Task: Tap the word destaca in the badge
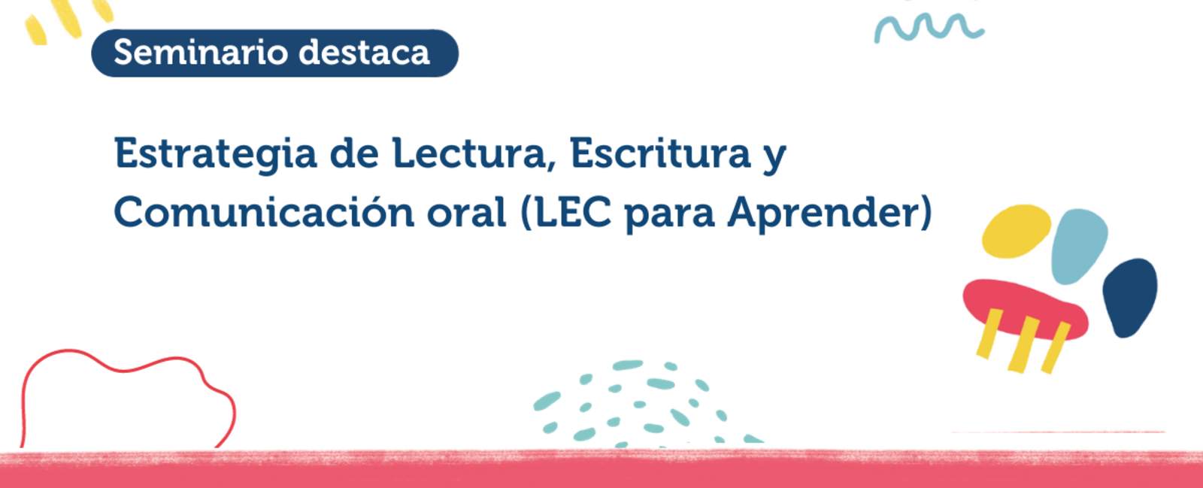364,53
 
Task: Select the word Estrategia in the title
215,155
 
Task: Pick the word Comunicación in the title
264,211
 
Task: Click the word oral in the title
467,211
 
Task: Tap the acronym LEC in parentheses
572,212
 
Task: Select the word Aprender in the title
823,213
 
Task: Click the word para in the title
670,216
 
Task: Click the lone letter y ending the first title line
774,158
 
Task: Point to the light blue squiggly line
929,27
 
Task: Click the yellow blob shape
1016,231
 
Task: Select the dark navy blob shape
1130,298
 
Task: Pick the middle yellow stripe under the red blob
1023,344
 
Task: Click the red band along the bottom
601,469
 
